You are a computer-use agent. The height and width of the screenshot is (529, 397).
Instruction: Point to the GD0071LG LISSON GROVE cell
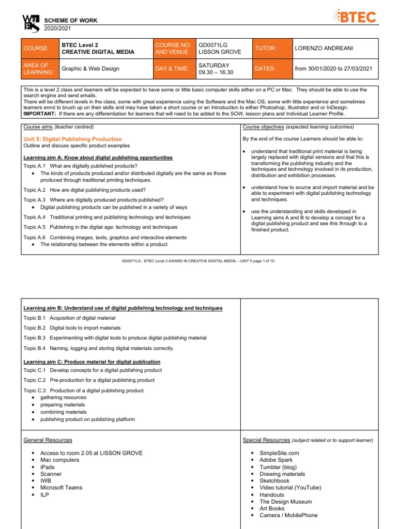pos(220,48)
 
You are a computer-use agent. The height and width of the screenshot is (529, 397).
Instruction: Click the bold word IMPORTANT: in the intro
pos(40,113)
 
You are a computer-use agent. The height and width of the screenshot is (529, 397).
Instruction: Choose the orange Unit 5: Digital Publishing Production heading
pos(73,139)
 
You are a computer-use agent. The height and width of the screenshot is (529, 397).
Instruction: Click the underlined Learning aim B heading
pos(123,308)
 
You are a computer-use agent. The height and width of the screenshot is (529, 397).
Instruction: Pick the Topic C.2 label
pos(35,380)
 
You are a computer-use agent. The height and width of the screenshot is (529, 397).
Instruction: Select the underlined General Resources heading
pos(48,440)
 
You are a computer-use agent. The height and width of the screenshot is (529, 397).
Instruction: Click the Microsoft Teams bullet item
pos(61,487)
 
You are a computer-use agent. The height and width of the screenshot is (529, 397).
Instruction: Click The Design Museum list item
pos(285,501)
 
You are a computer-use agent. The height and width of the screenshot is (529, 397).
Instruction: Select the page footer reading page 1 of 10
pos(198,261)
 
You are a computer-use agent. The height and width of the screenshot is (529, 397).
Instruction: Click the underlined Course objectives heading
pos(263,127)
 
